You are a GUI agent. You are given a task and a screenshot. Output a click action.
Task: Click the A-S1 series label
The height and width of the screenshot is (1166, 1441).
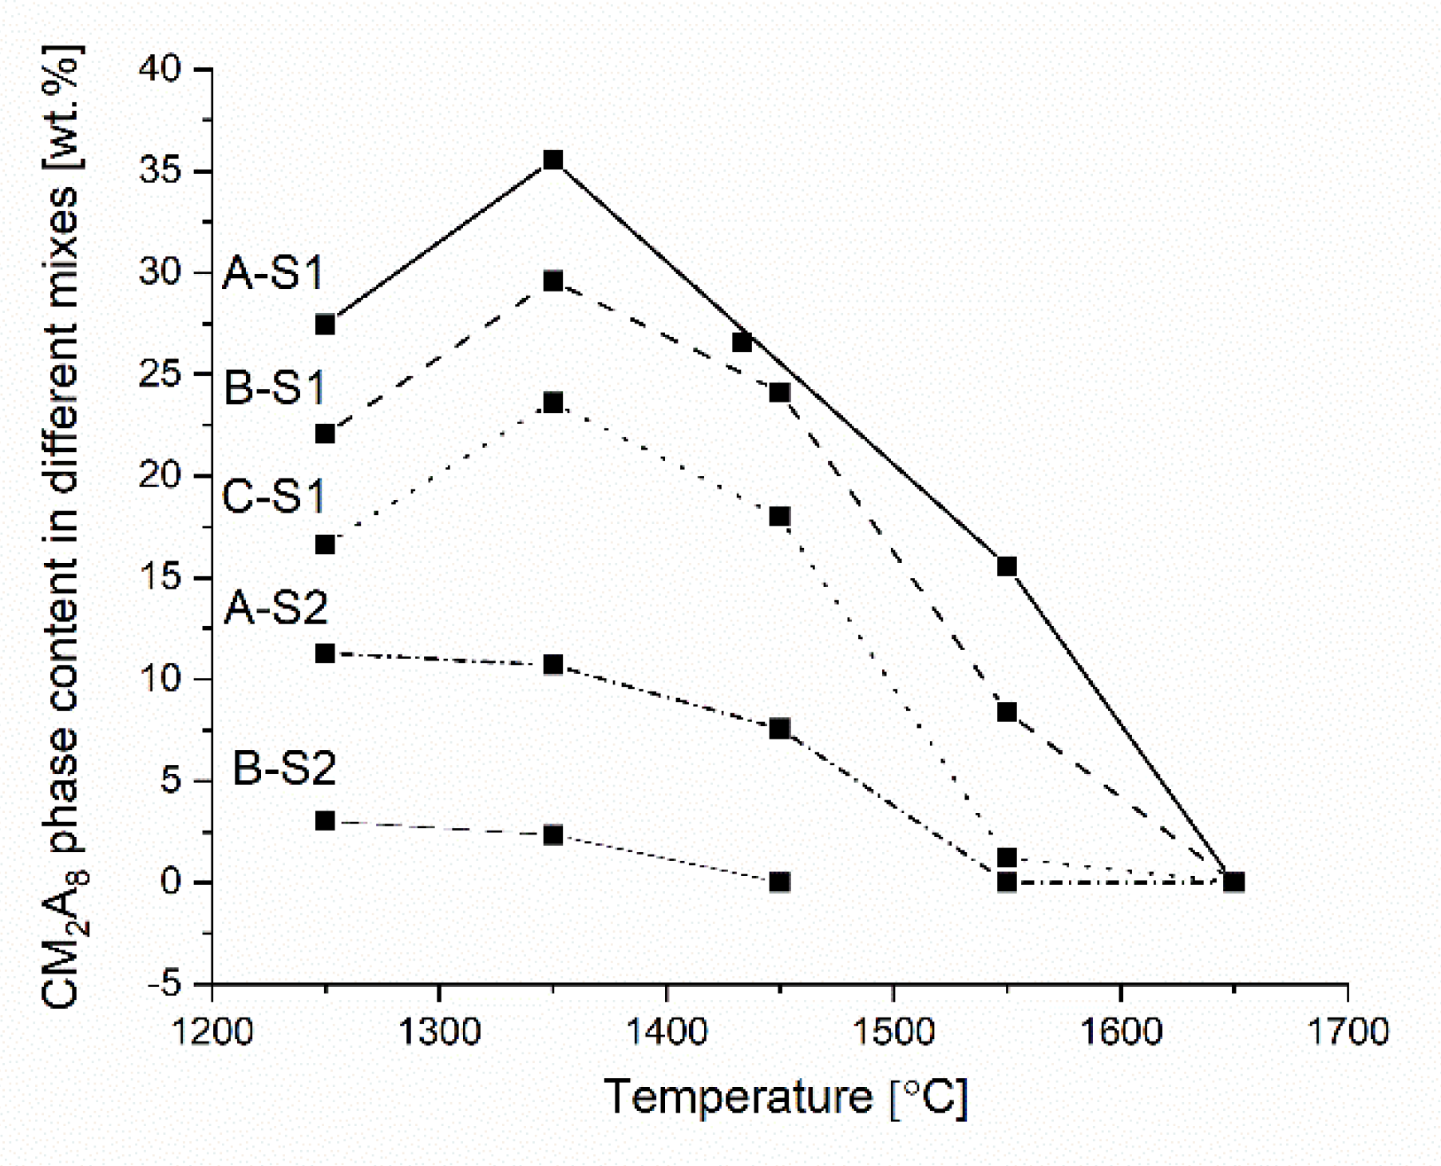point(274,273)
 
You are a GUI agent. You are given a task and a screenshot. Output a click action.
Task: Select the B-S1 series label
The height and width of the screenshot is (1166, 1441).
point(275,388)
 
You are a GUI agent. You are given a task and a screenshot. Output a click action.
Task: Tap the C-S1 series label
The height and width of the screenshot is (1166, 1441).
point(274,496)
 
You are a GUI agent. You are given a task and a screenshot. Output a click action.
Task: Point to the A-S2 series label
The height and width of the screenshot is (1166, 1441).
point(275,608)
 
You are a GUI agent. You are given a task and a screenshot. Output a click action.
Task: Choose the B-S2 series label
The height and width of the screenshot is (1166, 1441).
point(284,768)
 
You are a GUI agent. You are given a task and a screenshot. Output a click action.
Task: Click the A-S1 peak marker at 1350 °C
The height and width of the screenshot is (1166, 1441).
point(553,161)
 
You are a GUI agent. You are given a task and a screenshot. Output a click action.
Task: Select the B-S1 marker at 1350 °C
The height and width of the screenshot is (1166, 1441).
point(553,281)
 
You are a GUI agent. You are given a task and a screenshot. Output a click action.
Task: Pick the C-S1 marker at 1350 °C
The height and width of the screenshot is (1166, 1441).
point(553,403)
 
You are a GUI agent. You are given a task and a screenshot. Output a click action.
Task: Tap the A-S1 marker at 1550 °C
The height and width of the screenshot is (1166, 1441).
point(1007,566)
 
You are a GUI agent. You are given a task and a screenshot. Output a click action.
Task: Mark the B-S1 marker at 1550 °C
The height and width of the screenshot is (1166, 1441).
point(1007,712)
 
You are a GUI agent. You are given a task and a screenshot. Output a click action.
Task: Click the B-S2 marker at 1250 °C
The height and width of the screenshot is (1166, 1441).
point(325,821)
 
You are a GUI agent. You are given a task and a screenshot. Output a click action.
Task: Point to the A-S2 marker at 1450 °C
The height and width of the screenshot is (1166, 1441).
point(780,728)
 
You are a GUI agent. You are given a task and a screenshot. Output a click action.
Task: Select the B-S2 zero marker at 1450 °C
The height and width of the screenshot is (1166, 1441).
point(780,882)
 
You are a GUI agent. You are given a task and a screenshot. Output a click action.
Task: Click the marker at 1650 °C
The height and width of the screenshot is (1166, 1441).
point(1234,882)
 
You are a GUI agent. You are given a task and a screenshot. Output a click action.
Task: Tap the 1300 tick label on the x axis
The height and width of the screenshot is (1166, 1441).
point(438,1033)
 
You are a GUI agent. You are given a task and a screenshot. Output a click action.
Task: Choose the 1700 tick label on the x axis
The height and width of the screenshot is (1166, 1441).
point(1348,1033)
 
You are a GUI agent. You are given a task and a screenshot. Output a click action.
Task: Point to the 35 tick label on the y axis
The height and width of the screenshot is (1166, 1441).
point(160,171)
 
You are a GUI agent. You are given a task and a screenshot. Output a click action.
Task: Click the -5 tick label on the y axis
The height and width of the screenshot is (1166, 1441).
point(165,984)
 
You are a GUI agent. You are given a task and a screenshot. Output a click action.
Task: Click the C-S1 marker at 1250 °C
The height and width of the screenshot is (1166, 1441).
point(325,545)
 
